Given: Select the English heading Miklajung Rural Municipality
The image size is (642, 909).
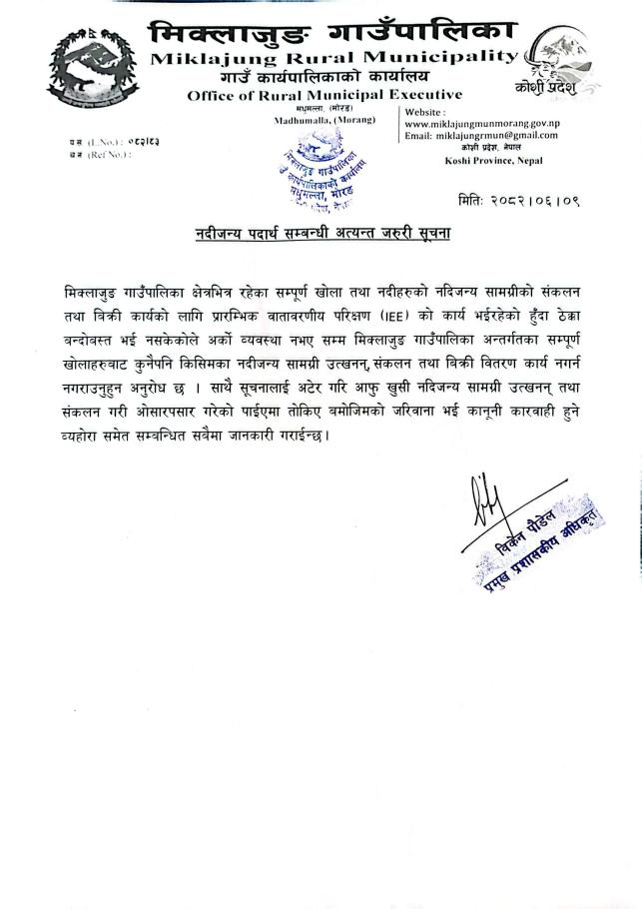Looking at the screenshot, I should point(333,58).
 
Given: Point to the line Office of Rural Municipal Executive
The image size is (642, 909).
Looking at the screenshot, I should point(323,95).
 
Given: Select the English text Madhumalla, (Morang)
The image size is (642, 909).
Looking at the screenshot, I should point(323,119).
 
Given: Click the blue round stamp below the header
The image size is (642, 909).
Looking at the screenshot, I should point(312,166).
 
